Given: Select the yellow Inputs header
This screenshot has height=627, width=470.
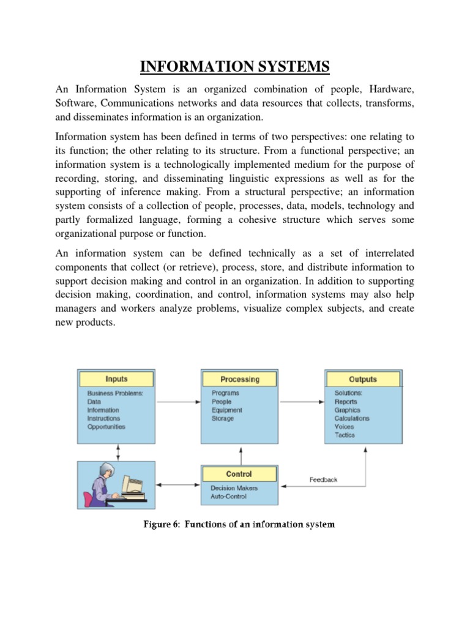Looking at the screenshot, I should [116, 379].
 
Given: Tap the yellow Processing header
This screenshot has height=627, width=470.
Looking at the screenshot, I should [240, 379].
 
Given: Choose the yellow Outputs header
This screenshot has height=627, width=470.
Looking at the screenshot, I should [363, 379].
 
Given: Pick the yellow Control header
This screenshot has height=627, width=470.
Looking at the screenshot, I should [239, 474].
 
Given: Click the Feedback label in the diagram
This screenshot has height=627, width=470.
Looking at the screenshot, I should [323, 479].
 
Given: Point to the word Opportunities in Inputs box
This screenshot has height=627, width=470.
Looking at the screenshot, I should [106, 427].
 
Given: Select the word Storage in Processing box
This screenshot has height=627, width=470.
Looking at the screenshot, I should [223, 418].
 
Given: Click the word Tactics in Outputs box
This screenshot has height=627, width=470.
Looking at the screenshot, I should [345, 435].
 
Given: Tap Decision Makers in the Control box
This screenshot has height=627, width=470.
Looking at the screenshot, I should [234, 488].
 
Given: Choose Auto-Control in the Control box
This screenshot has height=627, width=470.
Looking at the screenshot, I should [229, 497].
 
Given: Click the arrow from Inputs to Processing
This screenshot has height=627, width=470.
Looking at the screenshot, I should [178, 402].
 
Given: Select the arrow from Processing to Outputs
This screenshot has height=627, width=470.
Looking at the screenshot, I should [302, 402].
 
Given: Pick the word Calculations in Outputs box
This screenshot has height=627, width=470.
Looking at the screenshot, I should [352, 418].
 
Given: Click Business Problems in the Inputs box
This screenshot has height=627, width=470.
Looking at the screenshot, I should [115, 393].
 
